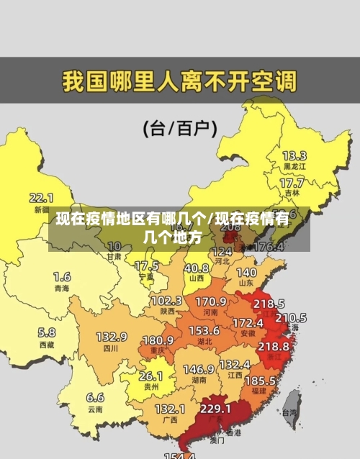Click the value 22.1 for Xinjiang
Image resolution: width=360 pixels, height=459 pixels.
click(41, 196)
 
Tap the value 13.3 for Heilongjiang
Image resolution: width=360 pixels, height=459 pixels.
click(294, 155)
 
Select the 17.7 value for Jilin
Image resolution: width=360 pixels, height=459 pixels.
click(292, 183)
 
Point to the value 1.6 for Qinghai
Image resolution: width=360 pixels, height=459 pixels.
click(62, 276)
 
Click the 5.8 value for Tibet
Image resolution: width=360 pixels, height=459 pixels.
click(47, 332)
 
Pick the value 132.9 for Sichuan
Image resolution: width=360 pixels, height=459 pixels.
click(112, 336)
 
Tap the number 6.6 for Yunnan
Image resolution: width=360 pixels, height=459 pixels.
click(95, 396)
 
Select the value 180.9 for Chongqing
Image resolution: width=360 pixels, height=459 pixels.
click(158, 340)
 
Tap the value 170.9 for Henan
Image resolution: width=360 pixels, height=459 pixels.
click(211, 301)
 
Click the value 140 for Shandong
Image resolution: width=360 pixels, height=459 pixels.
click(246, 273)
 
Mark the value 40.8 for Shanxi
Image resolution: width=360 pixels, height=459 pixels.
click(196, 268)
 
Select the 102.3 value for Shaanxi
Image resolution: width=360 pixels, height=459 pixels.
click(166, 300)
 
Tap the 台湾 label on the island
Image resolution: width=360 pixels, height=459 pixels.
click(289, 413)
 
